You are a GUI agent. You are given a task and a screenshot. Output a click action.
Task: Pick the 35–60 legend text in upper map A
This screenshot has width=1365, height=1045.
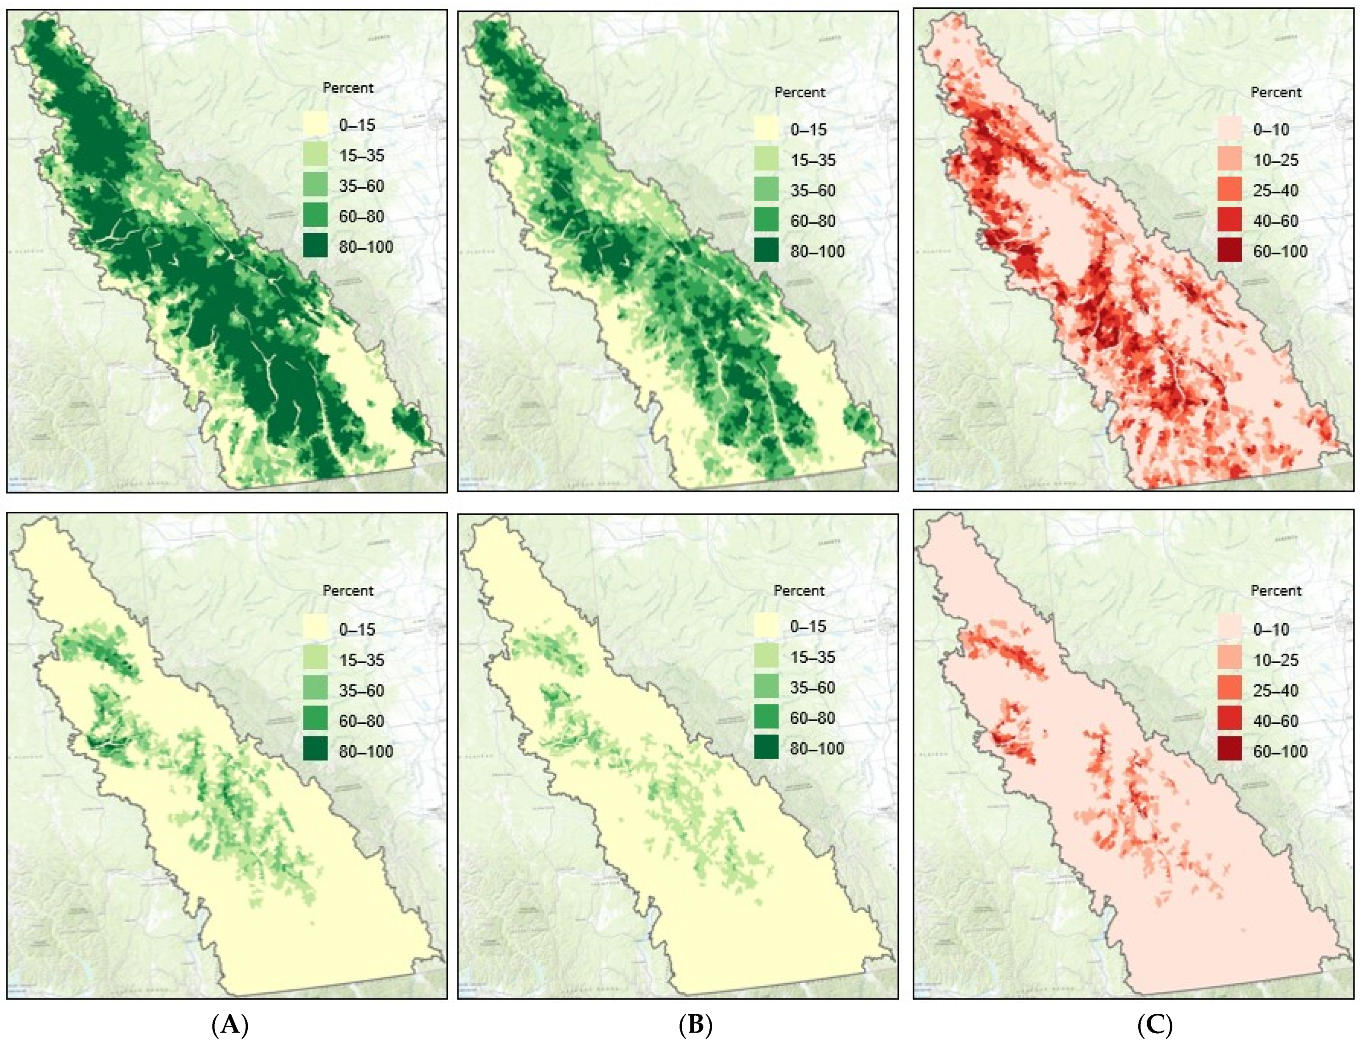[361, 185]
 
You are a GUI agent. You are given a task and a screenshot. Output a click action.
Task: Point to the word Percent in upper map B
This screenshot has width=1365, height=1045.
[800, 92]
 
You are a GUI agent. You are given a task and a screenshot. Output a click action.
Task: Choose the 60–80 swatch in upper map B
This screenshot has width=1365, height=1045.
[767, 221]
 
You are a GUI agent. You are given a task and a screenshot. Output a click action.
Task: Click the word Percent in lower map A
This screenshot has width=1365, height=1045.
[348, 590]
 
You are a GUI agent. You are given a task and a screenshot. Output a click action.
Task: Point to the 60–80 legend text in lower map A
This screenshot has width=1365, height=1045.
[361, 721]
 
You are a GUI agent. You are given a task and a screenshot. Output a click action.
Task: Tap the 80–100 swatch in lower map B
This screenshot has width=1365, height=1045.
[767, 748]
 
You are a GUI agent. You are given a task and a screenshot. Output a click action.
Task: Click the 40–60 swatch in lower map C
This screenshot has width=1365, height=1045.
[1230, 721]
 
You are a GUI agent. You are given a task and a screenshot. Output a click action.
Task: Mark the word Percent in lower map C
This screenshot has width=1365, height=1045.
[1276, 590]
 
